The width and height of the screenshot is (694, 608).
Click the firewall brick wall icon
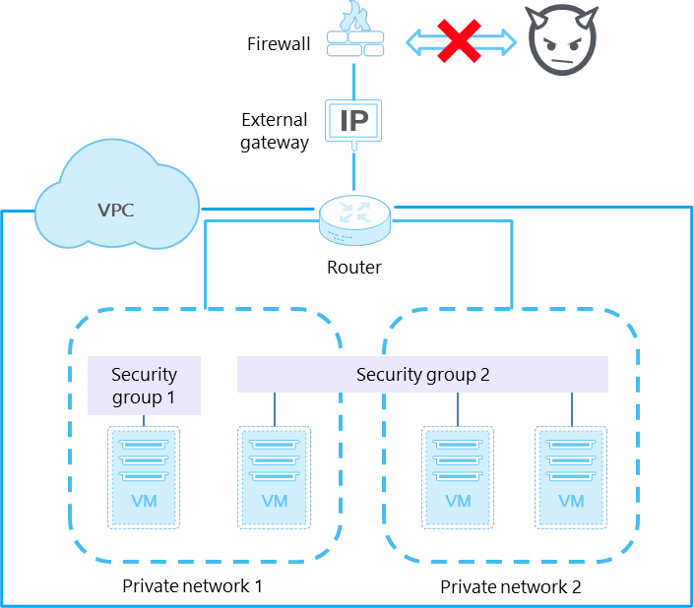354,41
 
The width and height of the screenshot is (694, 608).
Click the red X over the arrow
462,42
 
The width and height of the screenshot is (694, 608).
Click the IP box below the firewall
353,121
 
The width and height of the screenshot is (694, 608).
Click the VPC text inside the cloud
117,209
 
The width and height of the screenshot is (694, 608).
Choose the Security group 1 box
144,385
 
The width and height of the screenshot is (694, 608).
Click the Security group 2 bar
422,375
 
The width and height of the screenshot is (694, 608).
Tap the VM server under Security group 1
144,478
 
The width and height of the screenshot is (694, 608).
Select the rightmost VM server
572,478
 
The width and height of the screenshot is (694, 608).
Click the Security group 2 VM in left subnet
275,478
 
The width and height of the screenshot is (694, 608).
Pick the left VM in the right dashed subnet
458,478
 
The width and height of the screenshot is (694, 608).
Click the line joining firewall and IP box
354,79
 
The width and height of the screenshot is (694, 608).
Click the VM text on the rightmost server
572,501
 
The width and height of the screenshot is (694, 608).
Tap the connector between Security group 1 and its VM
144,420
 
